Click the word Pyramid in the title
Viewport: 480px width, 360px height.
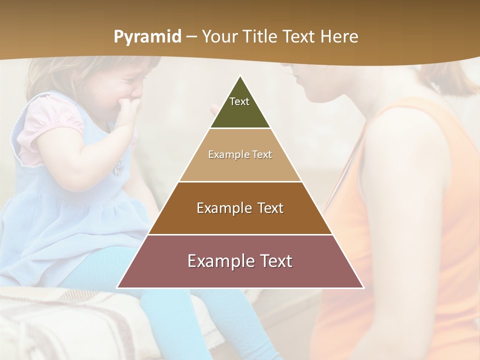point(147,37)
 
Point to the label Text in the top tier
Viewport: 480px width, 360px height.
point(239,101)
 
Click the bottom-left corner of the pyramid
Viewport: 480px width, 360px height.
point(118,287)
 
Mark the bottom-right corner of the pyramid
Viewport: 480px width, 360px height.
point(363,287)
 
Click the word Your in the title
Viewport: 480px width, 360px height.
point(218,36)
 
